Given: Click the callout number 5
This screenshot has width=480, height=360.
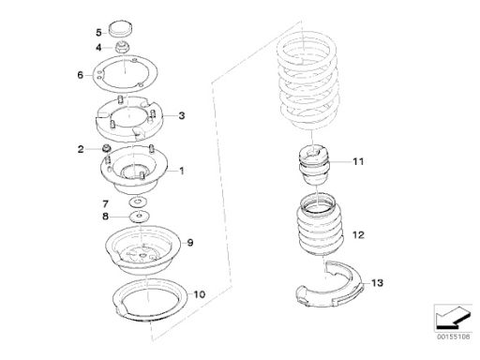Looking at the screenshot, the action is [x=98, y=33].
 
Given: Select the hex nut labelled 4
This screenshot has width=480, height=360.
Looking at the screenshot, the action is [x=122, y=48].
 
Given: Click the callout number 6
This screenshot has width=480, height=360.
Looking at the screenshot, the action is [x=81, y=75].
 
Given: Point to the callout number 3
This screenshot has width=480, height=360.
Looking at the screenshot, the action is [x=182, y=115].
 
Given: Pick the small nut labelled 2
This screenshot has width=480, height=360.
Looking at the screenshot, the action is [x=107, y=148].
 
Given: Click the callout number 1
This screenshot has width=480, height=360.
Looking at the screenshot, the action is [x=181, y=171].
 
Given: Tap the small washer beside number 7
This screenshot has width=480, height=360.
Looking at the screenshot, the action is [x=138, y=202].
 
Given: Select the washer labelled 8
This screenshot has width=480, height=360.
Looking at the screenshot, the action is [x=140, y=216].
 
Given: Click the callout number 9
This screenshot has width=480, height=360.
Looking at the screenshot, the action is [x=190, y=243].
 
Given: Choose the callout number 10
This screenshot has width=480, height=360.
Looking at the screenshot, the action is [x=200, y=294].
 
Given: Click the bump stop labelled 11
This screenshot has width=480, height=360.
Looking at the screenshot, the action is [x=313, y=165].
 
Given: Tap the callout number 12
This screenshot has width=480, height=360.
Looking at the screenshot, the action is [x=358, y=234].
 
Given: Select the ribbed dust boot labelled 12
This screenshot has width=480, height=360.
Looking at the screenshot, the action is [x=320, y=224].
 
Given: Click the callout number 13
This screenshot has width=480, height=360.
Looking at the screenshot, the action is [x=377, y=283].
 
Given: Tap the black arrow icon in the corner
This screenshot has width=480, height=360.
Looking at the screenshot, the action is [x=453, y=317].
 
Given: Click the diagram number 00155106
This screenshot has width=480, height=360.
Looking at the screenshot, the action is [x=453, y=337].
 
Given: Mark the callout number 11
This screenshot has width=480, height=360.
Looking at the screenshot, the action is [x=358, y=161].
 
